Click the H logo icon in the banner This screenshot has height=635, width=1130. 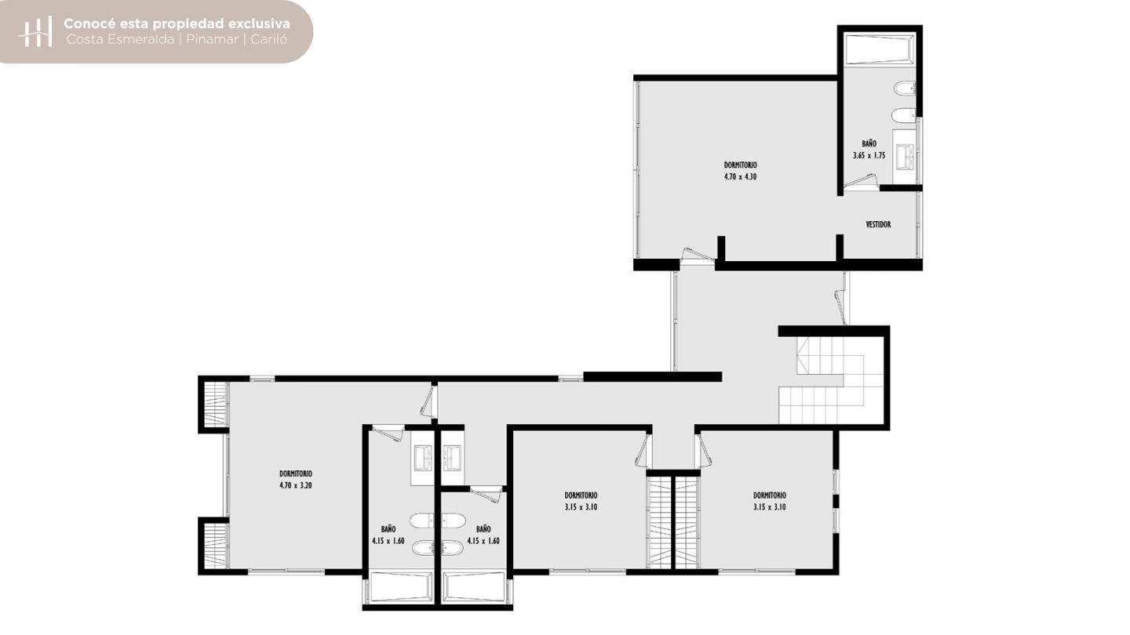coord(35,31)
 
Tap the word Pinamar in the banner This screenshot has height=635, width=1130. coord(212,39)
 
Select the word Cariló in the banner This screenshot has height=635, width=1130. coord(269,39)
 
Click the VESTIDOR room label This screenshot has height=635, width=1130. coord(878,224)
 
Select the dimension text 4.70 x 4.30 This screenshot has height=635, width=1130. coord(740,177)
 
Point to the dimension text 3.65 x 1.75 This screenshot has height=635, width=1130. coord(869,156)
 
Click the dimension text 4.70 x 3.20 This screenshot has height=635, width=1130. coord(296,486)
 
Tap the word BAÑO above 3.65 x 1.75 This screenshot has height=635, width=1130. coord(869,143)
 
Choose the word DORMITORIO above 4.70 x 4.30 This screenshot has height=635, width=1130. coord(740,165)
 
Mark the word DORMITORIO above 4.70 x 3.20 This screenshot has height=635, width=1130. coord(296,474)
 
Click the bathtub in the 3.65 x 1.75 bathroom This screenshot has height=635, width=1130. coord(880,49)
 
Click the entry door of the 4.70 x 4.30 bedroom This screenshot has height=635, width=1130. coord(697,255)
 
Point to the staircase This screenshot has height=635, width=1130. coord(831,380)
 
